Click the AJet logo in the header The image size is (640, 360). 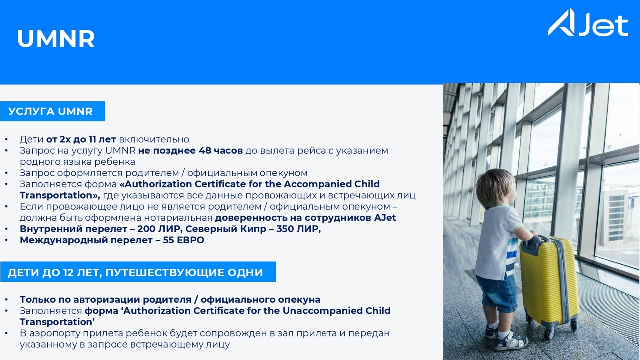pyautogui.click(x=588, y=22)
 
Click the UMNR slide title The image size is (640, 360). pyautogui.click(x=56, y=39)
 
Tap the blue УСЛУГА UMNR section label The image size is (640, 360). pyautogui.click(x=52, y=111)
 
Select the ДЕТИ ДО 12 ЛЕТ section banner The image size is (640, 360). pyautogui.click(x=138, y=272)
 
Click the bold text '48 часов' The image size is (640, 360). pyautogui.click(x=221, y=150)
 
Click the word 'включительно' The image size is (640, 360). pyautogui.click(x=154, y=139)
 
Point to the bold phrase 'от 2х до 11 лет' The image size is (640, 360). pyautogui.click(x=81, y=139)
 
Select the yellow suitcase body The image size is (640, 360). pyautogui.click(x=550, y=281)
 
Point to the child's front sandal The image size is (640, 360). pyautogui.click(x=511, y=342)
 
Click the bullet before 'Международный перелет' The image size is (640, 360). pyautogui.click(x=6, y=240)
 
